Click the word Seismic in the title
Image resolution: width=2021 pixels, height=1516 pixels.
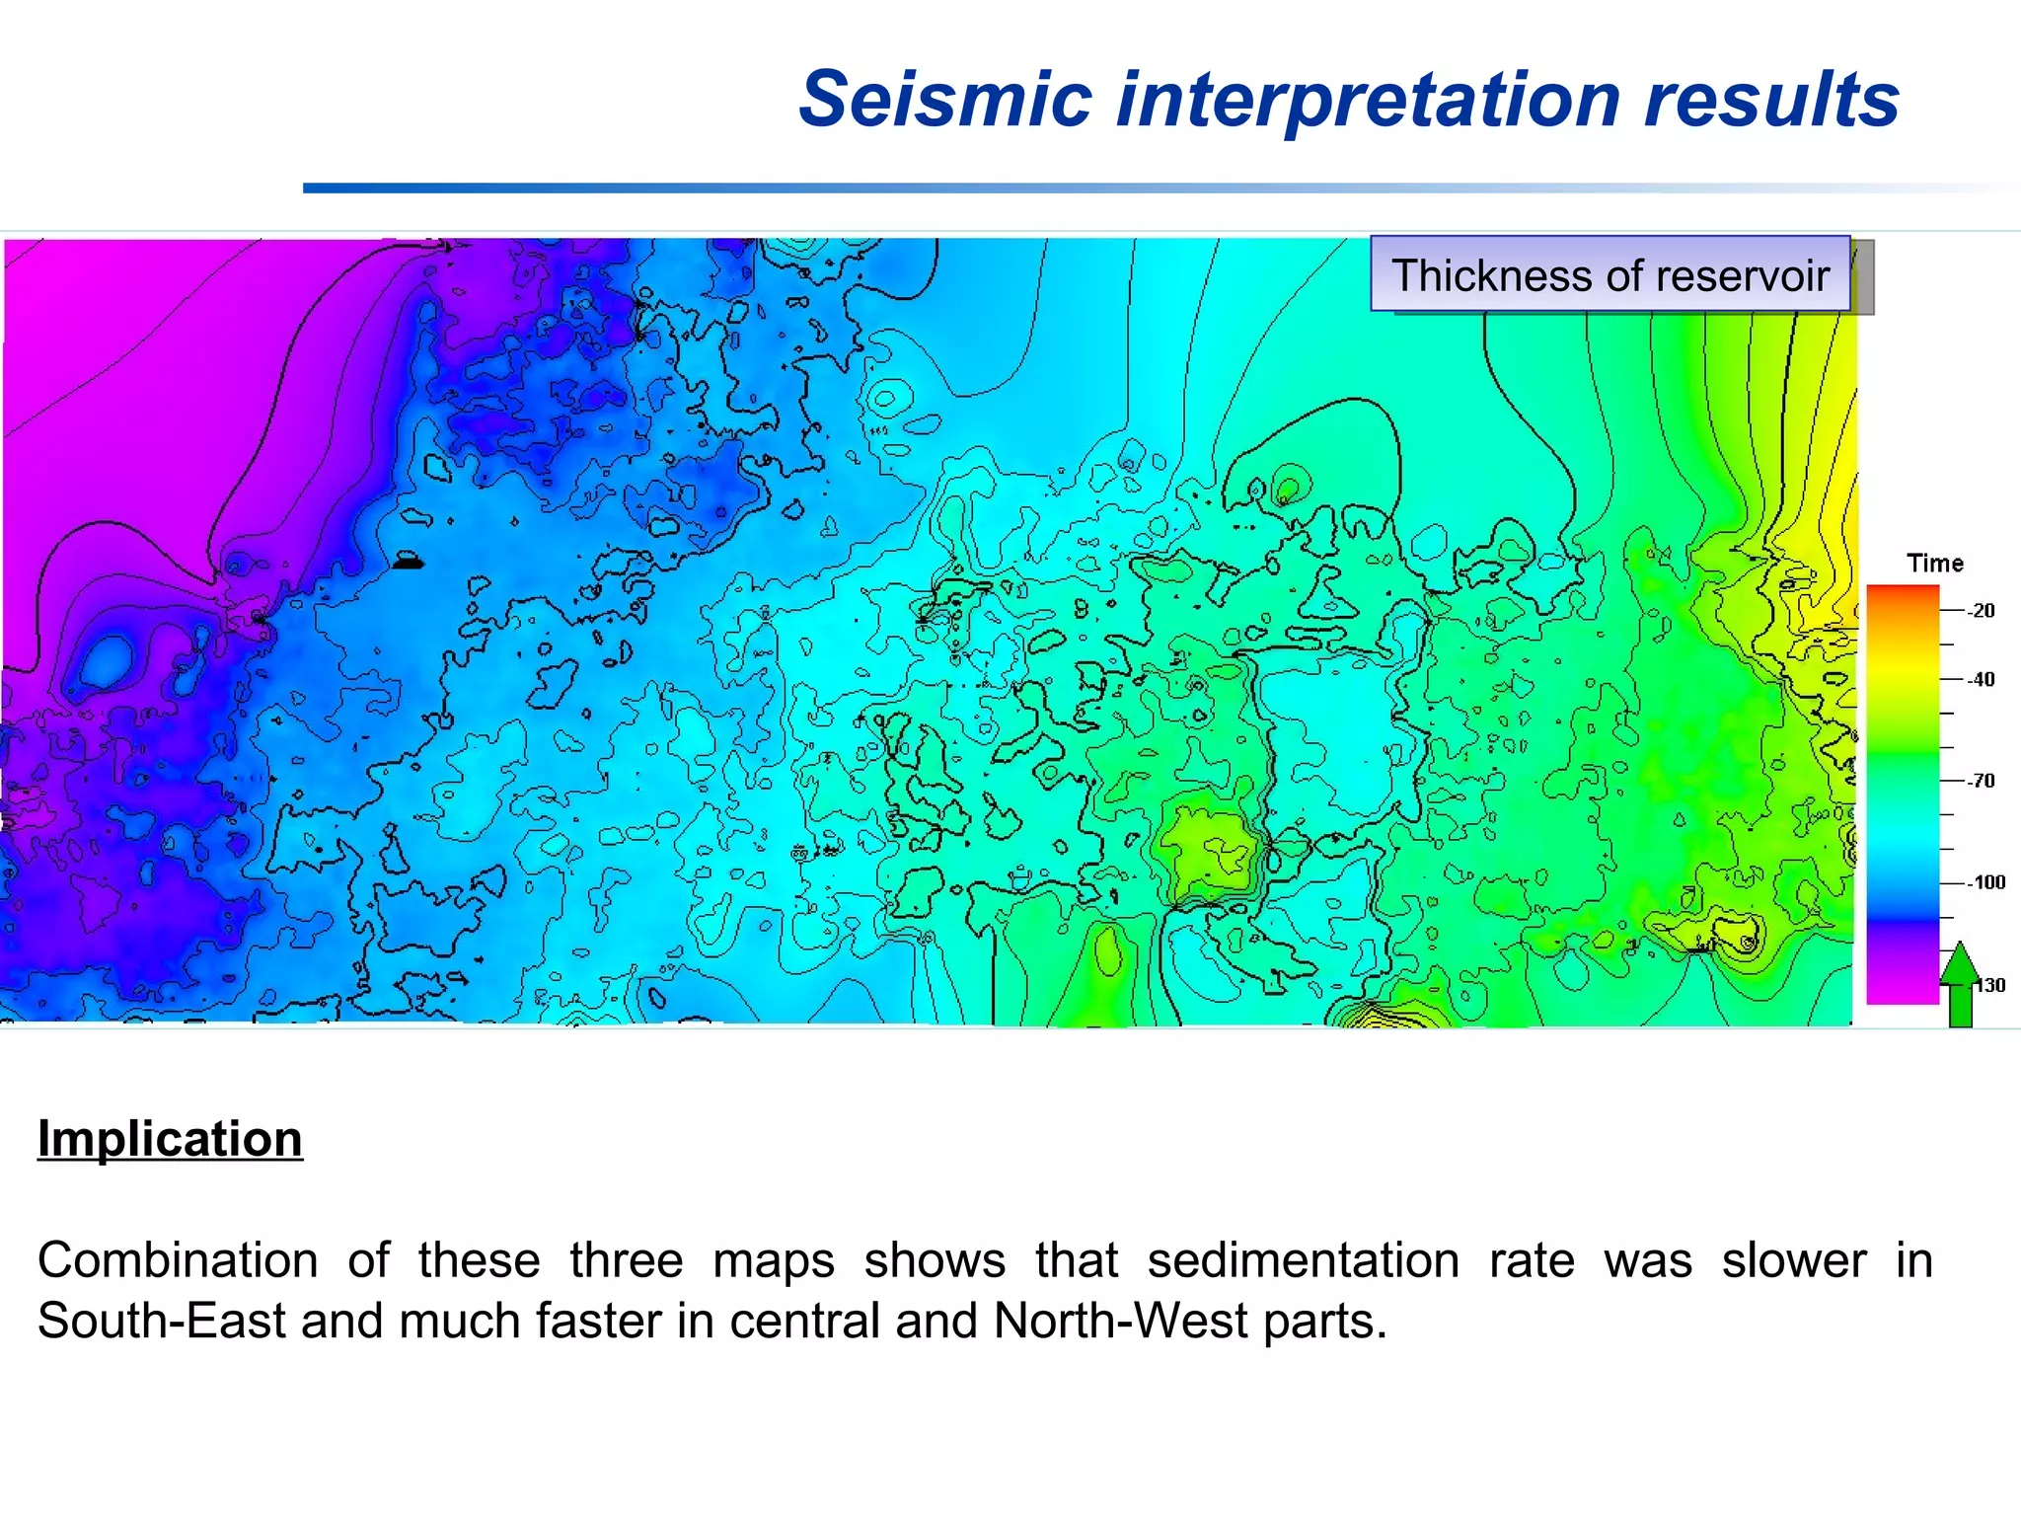945,100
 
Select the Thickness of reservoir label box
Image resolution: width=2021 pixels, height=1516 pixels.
1609,275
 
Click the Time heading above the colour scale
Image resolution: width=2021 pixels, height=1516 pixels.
1934,564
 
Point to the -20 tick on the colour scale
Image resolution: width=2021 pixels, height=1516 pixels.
1980,611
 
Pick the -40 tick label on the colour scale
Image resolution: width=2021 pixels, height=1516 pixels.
1980,679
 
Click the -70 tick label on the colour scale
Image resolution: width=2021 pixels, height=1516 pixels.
1980,781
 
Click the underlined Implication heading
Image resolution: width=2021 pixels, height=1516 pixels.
170,1139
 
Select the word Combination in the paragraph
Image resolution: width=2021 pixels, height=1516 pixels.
178,1260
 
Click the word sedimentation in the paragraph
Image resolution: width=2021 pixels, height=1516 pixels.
1303,1260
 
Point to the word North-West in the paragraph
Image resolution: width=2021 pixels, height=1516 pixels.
1121,1321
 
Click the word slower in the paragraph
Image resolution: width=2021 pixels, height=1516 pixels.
1793,1260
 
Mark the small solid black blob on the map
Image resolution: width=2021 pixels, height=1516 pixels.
408,563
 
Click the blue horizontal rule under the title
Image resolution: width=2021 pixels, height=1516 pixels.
888,188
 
